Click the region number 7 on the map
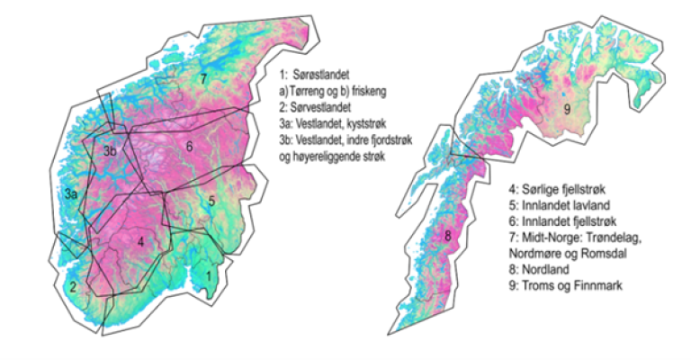click(204, 79)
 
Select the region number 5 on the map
click(211, 201)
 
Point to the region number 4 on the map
click(140, 241)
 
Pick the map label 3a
click(69, 193)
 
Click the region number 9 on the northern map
click(566, 110)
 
